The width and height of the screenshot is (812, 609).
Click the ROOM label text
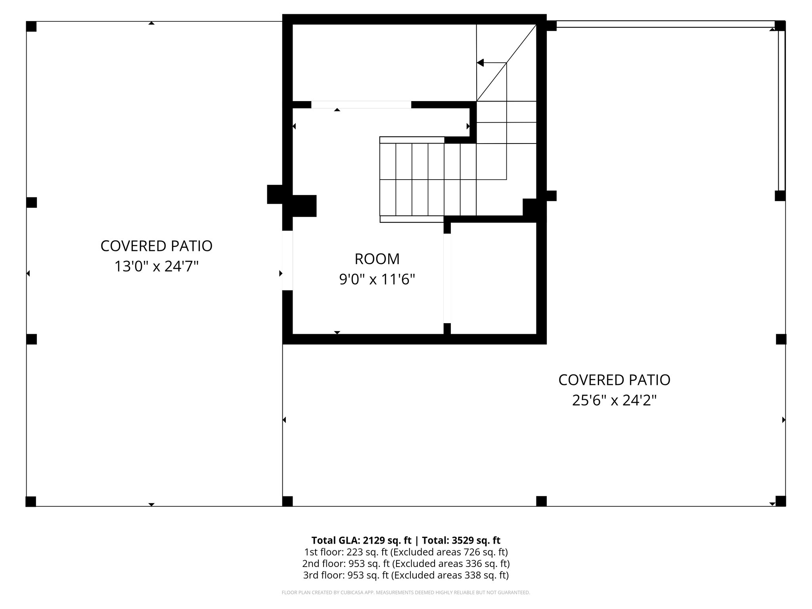(377, 259)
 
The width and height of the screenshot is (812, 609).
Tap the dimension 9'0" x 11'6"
(377, 280)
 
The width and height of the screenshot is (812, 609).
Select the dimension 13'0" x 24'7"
(156, 266)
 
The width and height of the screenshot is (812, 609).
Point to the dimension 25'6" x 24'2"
(614, 400)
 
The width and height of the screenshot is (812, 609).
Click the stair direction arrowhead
(480, 63)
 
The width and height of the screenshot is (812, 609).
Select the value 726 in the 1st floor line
(471, 552)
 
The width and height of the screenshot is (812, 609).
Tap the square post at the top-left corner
(31, 27)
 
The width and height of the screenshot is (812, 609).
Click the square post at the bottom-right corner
(780, 501)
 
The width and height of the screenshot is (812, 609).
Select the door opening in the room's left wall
(287, 260)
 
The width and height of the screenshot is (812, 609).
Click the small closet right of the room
(493, 278)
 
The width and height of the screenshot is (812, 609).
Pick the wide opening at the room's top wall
(361, 105)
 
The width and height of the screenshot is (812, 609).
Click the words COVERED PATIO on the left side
(156, 246)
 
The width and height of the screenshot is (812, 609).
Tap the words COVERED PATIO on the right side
(614, 380)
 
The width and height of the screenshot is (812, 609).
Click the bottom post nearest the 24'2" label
(541, 501)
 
